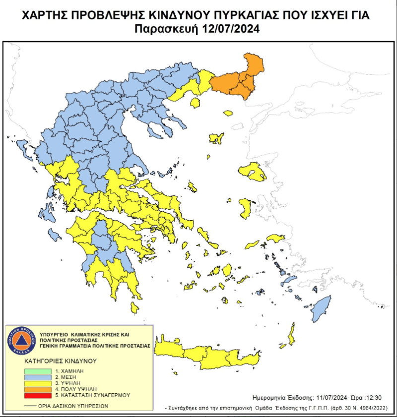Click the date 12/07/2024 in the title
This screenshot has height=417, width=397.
pos(231,29)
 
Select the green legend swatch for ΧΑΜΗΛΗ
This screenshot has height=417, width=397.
pos(38,371)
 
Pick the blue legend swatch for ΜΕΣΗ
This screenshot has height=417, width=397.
pos(38,377)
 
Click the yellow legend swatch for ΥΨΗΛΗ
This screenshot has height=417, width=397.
pos(38,383)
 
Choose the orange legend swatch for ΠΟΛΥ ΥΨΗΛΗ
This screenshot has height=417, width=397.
pos(38,389)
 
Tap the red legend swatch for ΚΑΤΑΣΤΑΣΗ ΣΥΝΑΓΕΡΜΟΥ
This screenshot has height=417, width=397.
pos(38,395)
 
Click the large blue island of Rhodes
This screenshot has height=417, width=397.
pos(321,308)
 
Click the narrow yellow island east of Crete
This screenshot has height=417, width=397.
pos(291,334)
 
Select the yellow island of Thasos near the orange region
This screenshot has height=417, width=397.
pos(195,102)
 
